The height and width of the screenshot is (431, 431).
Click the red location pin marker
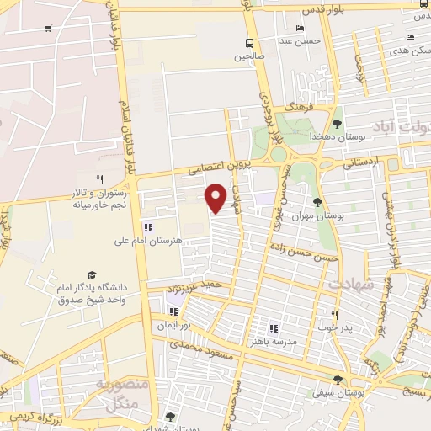tap(216, 198)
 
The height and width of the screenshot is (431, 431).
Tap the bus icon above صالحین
tap(249, 43)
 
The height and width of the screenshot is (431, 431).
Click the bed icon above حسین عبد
tap(301, 29)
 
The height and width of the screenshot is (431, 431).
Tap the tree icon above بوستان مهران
tap(317, 201)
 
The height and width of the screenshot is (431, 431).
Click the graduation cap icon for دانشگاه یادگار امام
tap(91, 275)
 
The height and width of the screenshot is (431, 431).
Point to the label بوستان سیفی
tap(338, 392)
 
